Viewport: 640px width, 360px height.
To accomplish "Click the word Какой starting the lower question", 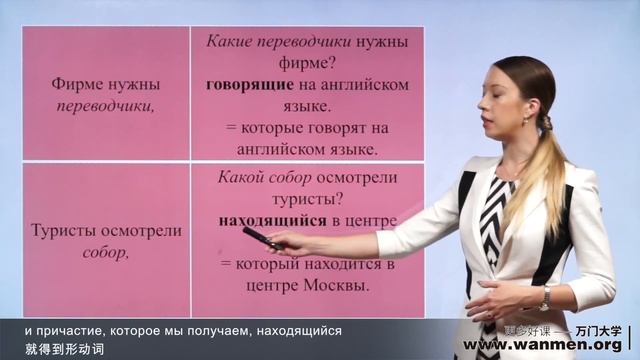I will [x=239, y=177].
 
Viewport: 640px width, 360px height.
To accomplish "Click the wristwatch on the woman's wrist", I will [x=545, y=297].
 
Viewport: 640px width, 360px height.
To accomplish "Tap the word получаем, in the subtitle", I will [x=218, y=329].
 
